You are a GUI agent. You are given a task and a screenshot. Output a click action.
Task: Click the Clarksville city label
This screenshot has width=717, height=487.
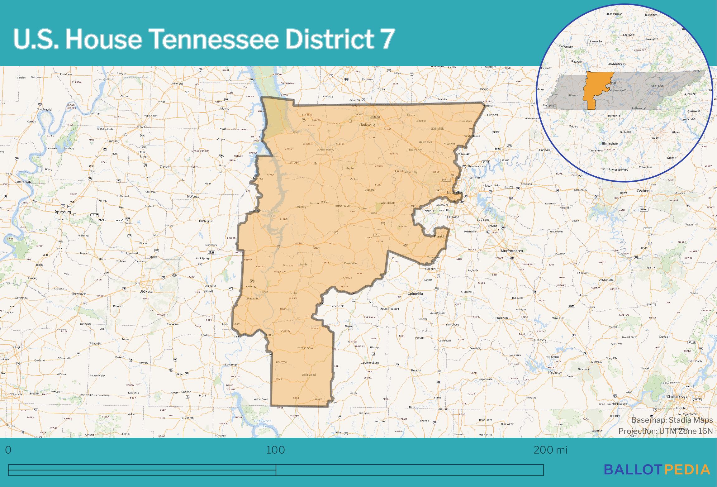point(367,125)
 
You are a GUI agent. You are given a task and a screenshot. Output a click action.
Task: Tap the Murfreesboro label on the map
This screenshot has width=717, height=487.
point(512,251)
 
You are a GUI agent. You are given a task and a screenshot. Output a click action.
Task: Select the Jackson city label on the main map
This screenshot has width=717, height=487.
point(146,291)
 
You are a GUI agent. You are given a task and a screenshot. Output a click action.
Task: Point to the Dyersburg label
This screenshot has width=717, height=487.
point(63,212)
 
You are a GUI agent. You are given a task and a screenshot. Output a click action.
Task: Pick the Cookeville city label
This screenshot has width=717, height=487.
point(645,191)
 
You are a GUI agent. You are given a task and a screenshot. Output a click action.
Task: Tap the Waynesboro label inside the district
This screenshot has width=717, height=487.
point(305,348)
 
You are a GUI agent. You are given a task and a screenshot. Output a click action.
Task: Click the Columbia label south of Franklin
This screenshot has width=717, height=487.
point(415,294)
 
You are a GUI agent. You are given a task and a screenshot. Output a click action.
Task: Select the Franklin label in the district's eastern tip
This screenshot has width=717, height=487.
point(440,236)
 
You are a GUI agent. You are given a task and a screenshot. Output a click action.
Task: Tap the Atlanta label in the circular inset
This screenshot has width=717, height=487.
point(656,137)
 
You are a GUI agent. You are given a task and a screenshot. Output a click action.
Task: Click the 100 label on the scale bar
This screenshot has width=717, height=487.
point(275,450)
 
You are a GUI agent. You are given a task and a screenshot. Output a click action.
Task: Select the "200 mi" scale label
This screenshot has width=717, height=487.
point(550,450)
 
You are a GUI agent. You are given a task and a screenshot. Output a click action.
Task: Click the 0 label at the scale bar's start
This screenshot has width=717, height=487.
point(8,450)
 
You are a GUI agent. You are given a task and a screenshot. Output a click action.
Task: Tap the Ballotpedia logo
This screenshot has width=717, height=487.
point(657,470)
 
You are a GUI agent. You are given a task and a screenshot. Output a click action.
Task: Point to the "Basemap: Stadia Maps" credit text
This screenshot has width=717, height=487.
point(672,420)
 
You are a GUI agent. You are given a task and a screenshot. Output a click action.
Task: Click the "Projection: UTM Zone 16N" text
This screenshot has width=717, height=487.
point(665,431)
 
